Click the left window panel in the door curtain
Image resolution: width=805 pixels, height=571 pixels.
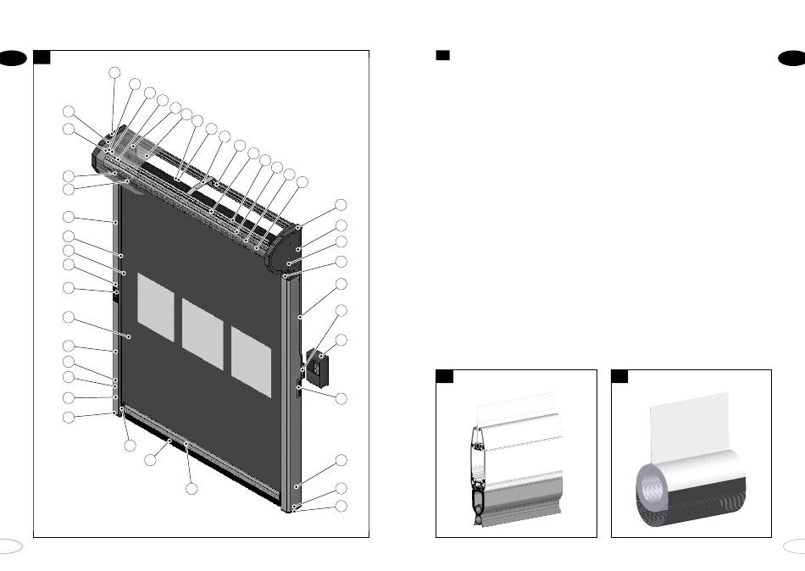154,307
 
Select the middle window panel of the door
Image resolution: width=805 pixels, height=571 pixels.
203,333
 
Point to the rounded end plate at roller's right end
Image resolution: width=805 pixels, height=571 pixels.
286,247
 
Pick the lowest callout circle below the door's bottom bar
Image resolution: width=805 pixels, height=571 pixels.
192,489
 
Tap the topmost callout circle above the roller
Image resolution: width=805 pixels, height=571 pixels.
114,73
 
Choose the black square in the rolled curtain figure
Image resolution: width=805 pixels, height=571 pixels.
619,376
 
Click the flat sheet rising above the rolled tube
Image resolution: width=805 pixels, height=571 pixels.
688,428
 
